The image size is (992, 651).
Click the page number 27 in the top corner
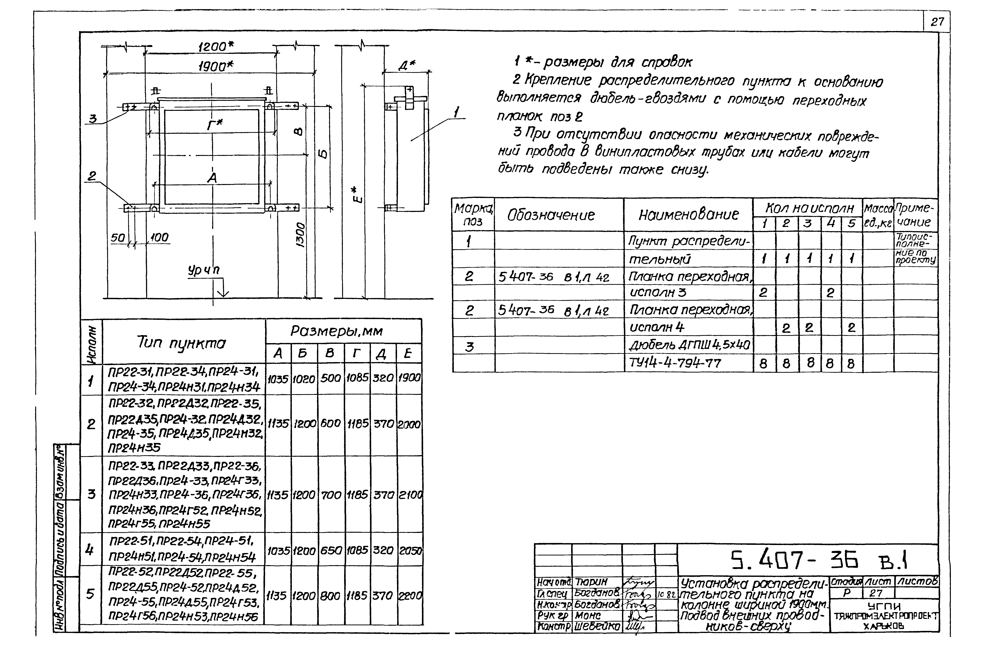(937, 22)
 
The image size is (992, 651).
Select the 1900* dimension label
(215, 66)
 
